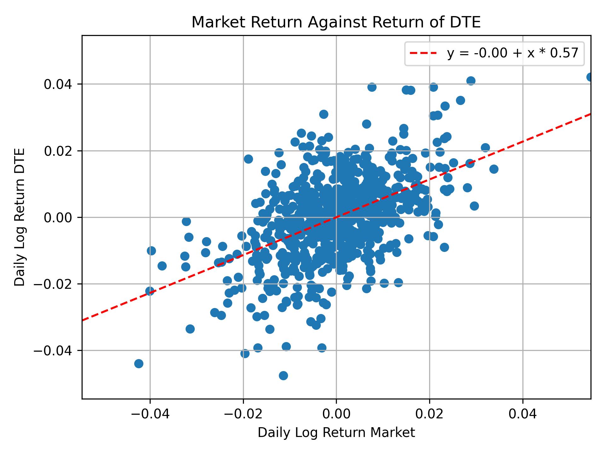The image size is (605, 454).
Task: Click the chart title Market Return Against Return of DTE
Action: click(x=336, y=23)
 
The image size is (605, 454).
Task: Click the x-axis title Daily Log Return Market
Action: click(x=336, y=433)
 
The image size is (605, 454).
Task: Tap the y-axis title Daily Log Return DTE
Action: click(x=20, y=217)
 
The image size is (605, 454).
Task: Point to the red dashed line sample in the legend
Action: click(x=423, y=53)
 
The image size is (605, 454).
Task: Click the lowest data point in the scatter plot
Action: click(x=283, y=375)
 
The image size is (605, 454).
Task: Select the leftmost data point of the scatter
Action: click(x=139, y=364)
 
